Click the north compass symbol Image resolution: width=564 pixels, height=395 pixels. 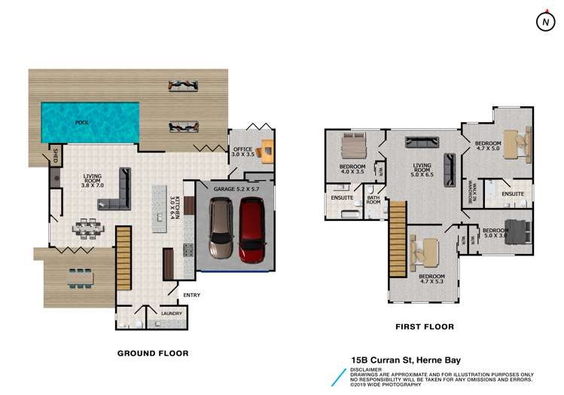click(x=544, y=23)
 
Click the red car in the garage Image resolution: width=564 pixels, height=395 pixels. click(x=252, y=231)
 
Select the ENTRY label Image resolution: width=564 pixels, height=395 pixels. click(x=191, y=295)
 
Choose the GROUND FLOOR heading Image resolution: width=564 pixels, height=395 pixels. click(x=153, y=353)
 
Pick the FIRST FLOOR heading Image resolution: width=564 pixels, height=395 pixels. click(x=425, y=327)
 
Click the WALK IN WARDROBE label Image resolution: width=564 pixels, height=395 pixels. click(x=468, y=192)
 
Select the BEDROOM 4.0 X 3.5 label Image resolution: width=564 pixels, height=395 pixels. click(x=352, y=169)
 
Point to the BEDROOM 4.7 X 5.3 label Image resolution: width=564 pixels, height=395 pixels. click(x=433, y=279)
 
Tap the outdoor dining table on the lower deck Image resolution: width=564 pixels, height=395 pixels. click(x=78, y=277)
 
